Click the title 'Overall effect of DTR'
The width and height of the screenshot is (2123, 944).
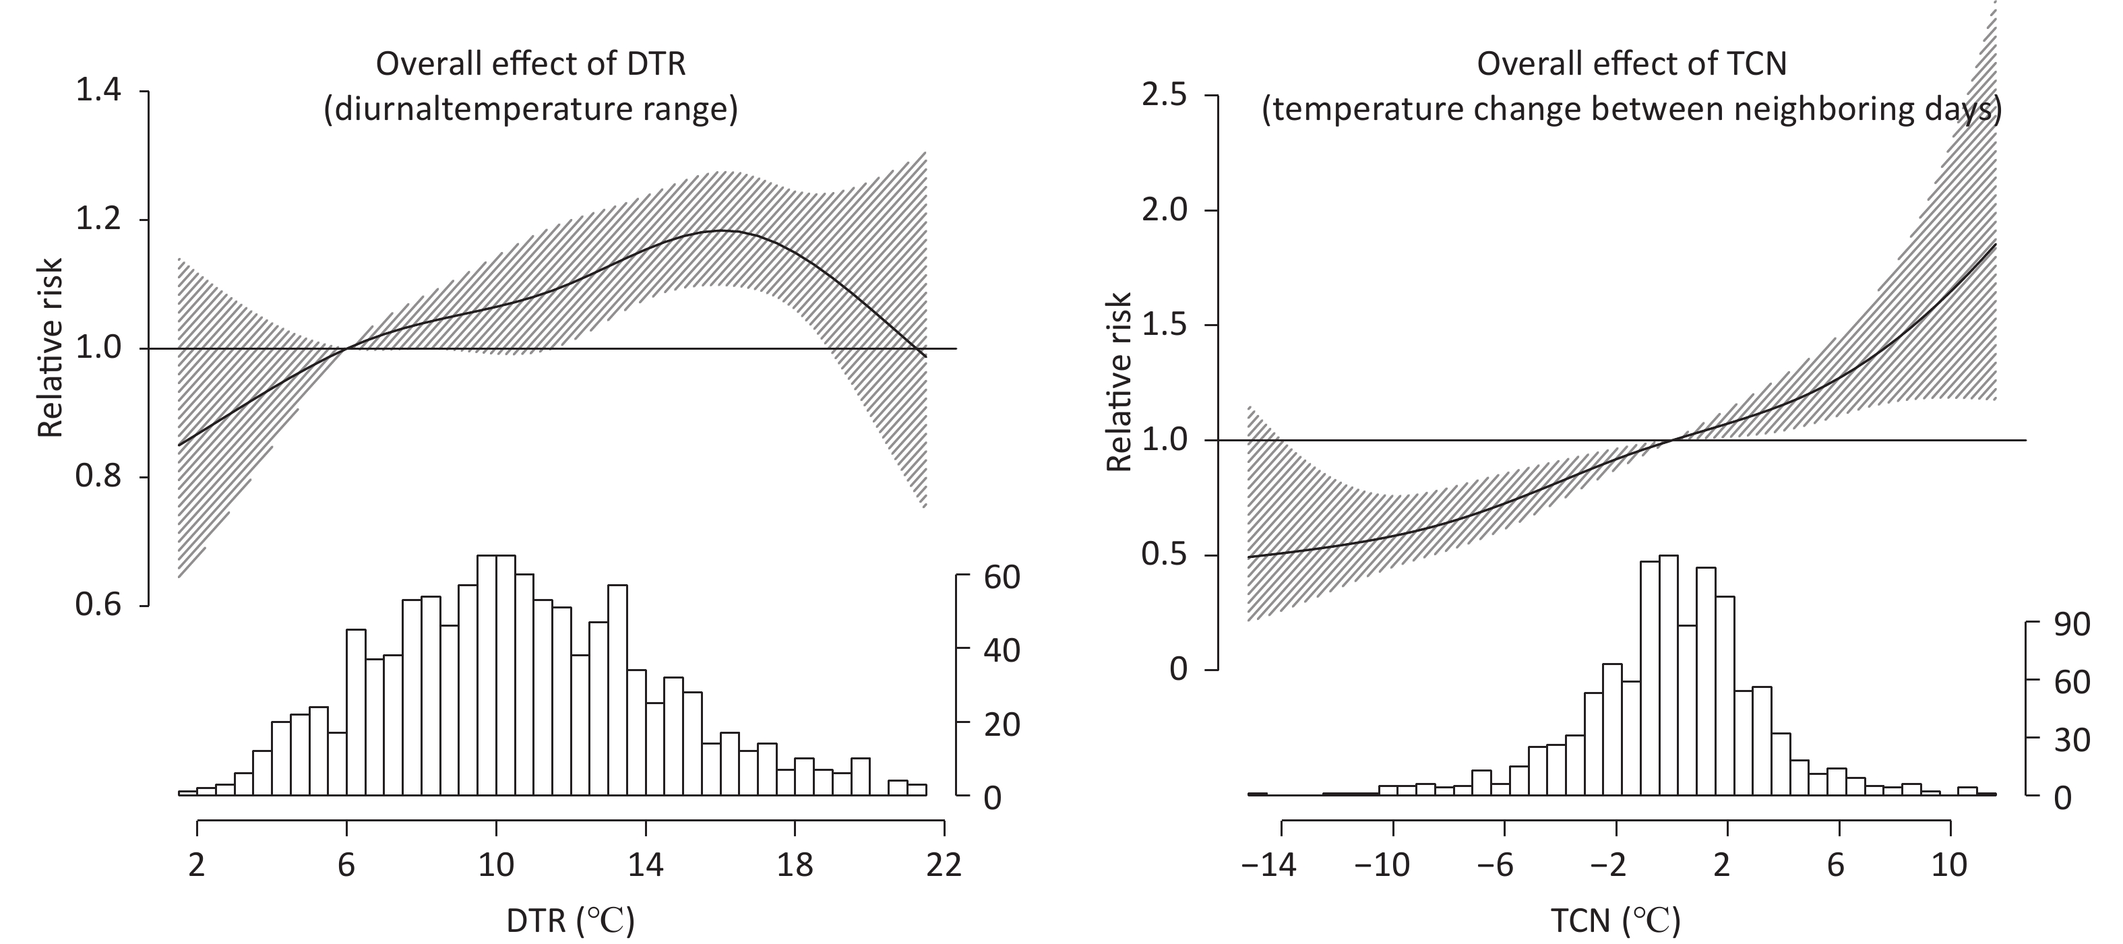[x=531, y=64]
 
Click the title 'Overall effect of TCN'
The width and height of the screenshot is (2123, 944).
[x=1631, y=64]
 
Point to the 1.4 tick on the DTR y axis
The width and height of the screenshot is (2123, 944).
[x=98, y=90]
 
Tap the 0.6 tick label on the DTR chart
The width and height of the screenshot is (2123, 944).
[x=98, y=606]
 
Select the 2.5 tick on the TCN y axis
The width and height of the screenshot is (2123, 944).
[x=1164, y=96]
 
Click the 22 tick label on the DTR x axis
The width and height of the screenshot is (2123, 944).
[x=944, y=866]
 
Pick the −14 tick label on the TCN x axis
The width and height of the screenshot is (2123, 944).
[x=1270, y=866]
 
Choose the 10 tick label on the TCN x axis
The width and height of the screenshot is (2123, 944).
[x=1949, y=866]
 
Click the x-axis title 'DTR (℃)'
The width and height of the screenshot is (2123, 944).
[x=570, y=921]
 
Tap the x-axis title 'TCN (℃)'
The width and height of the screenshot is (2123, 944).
[x=1616, y=921]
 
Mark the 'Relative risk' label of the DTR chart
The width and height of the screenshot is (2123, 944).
[x=52, y=348]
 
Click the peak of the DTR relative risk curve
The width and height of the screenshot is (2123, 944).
[x=722, y=230]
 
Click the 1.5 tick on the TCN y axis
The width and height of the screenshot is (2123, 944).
[x=1164, y=325]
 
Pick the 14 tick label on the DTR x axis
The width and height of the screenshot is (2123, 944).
[x=645, y=866]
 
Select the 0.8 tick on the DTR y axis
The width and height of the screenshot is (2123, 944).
[x=98, y=477]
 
